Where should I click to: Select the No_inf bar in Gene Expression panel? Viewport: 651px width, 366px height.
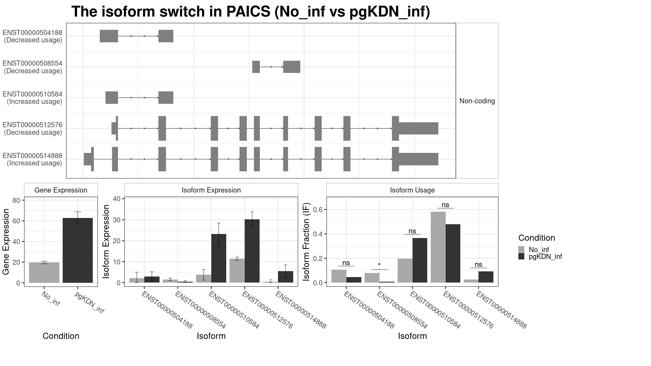pyautogui.click(x=44, y=272)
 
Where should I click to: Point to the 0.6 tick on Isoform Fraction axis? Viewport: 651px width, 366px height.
pyautogui.click(x=318, y=210)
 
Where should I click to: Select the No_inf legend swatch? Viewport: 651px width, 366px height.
pyautogui.click(x=521, y=249)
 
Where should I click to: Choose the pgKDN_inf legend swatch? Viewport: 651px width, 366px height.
pyautogui.click(x=521, y=256)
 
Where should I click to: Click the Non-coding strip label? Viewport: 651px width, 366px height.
pyautogui.click(x=477, y=101)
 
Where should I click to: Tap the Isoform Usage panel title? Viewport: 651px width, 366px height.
pyautogui.click(x=412, y=190)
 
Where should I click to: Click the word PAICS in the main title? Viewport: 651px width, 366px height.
pyautogui.click(x=248, y=12)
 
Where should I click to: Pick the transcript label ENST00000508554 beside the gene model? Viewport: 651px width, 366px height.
pyautogui.click(x=33, y=63)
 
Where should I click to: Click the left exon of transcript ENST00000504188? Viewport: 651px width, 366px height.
pyautogui.click(x=109, y=36)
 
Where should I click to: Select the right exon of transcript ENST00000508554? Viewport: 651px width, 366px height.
pyautogui.click(x=292, y=67)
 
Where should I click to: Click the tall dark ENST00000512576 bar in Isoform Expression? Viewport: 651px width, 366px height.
pyautogui.click(x=252, y=251)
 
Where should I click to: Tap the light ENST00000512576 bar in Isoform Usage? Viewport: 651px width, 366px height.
pyautogui.click(x=438, y=247)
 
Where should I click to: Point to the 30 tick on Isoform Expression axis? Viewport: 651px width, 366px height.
pyautogui.click(x=117, y=220)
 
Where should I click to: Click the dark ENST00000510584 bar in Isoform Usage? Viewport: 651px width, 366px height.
pyautogui.click(x=420, y=260)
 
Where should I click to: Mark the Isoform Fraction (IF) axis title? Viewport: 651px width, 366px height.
pyautogui.click(x=306, y=241)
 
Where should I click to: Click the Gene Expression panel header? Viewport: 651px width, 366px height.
pyautogui.click(x=61, y=190)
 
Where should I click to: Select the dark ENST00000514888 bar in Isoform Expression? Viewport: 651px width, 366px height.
pyautogui.click(x=285, y=277)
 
